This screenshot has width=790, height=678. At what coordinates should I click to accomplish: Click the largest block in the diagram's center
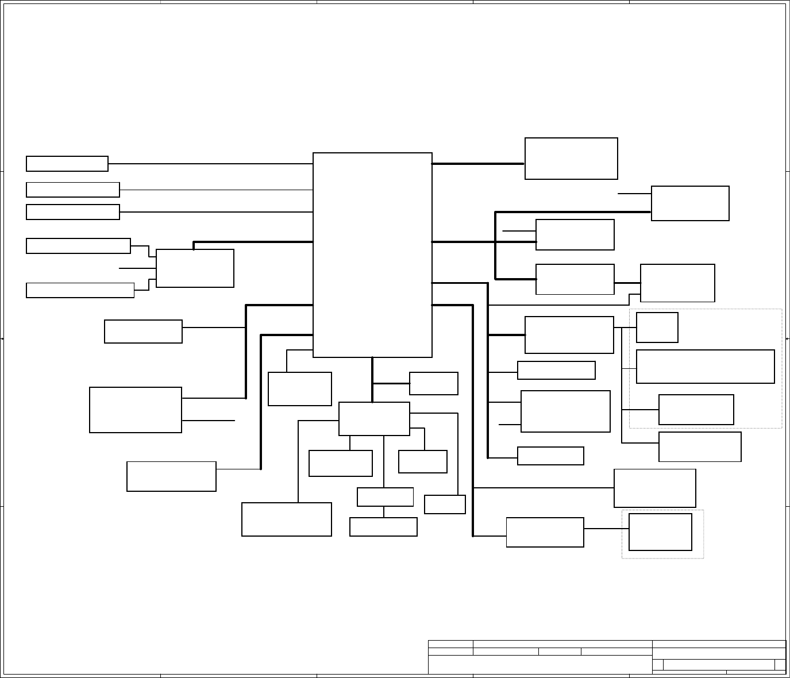(x=372, y=255)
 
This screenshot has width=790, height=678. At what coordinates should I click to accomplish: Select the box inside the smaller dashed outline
(x=660, y=532)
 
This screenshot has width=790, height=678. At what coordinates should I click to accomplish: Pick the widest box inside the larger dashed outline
(x=705, y=367)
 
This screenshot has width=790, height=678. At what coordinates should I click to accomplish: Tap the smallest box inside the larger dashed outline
(x=657, y=328)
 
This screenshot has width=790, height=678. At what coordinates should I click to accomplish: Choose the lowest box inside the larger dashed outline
(x=696, y=410)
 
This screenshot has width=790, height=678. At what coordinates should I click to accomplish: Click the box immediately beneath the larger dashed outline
(x=700, y=447)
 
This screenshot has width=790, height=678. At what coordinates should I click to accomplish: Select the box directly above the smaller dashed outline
(x=654, y=488)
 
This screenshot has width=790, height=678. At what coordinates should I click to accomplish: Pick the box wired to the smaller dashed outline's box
(x=545, y=533)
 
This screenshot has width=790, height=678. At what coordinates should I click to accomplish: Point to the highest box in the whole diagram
(x=571, y=159)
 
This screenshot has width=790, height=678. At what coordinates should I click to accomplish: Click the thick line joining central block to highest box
(x=478, y=164)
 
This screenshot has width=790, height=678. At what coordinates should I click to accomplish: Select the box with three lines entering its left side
(x=195, y=268)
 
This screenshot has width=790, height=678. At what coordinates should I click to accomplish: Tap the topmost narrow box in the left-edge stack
(x=67, y=164)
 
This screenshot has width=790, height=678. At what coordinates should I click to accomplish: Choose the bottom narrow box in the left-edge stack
(x=80, y=290)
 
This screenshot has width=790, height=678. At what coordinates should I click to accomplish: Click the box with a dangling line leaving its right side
(x=136, y=410)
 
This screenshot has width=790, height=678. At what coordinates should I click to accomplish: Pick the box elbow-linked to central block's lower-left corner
(x=299, y=389)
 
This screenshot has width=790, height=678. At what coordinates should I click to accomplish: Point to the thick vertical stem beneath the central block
(x=372, y=379)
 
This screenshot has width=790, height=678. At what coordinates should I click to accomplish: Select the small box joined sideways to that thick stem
(x=433, y=384)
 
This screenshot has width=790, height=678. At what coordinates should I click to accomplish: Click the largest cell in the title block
(x=540, y=665)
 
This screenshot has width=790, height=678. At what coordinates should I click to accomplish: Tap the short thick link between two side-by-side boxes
(x=627, y=283)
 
